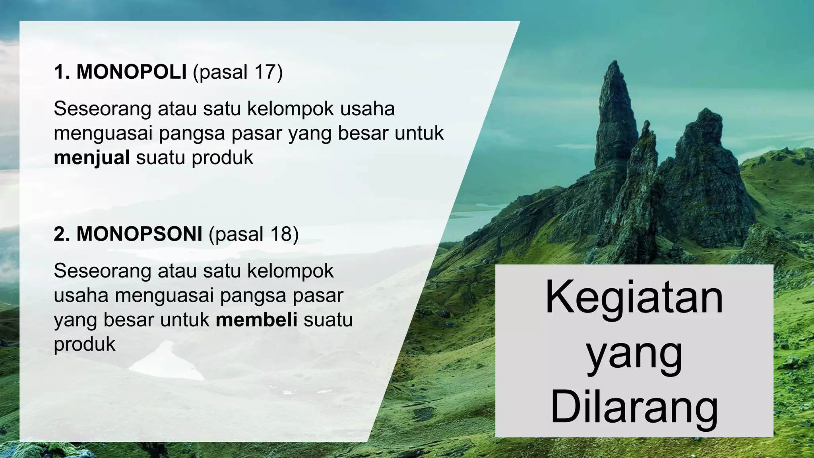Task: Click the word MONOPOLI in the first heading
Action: click(x=131, y=72)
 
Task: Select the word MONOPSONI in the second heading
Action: click(x=139, y=234)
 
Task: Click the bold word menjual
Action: click(x=92, y=157)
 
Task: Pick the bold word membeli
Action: click(x=256, y=320)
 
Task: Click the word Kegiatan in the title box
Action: click(x=634, y=297)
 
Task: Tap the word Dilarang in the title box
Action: click(x=634, y=408)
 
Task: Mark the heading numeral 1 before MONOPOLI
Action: click(x=60, y=72)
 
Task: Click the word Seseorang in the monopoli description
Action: click(x=102, y=109)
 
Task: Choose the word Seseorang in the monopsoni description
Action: click(x=102, y=271)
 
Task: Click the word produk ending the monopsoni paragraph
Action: click(x=84, y=344)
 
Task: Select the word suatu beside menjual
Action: click(x=161, y=157)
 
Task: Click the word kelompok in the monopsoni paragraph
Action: click(x=291, y=271)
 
